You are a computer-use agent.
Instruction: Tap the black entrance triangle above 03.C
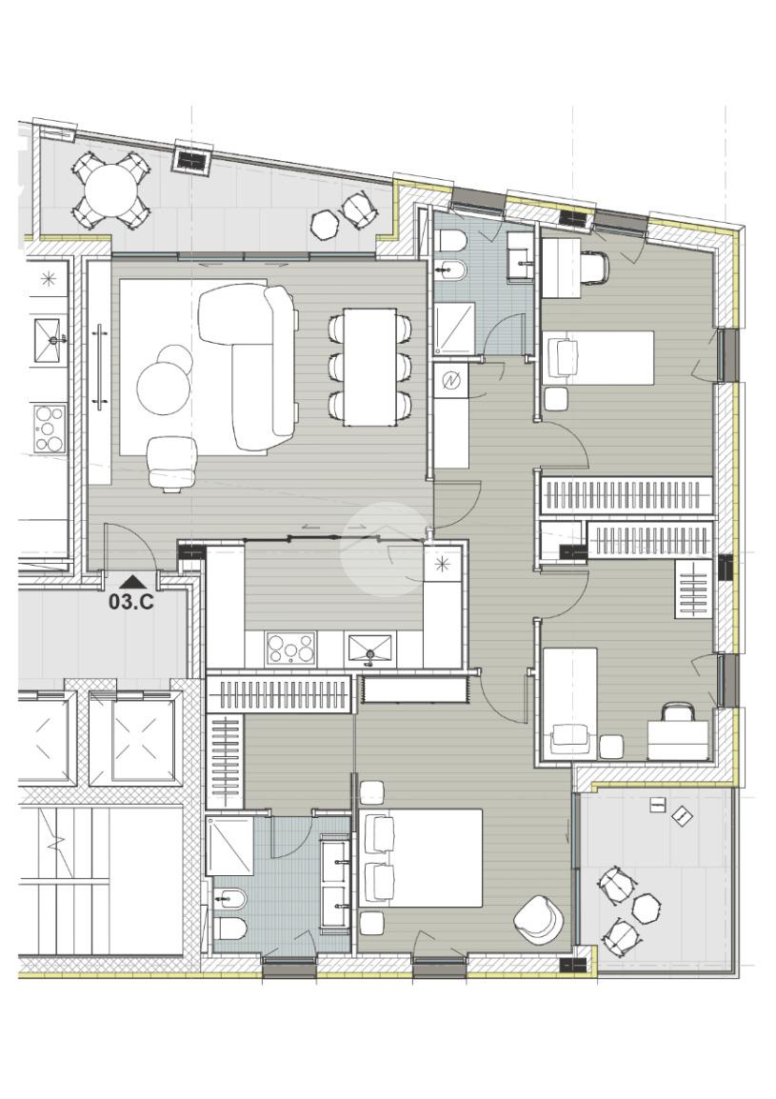pyautogui.click(x=132, y=581)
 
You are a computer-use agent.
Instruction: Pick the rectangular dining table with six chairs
pyautogui.click(x=369, y=367)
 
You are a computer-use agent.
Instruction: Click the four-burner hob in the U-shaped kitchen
pyautogui.click(x=290, y=649)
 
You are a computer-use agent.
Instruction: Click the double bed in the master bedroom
pyautogui.click(x=420, y=858)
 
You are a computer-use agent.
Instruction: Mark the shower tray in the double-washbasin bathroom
pyautogui.click(x=229, y=846)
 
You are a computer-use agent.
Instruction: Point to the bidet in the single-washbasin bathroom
pyautogui.click(x=449, y=268)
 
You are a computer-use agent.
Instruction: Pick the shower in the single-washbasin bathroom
pyautogui.click(x=454, y=329)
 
